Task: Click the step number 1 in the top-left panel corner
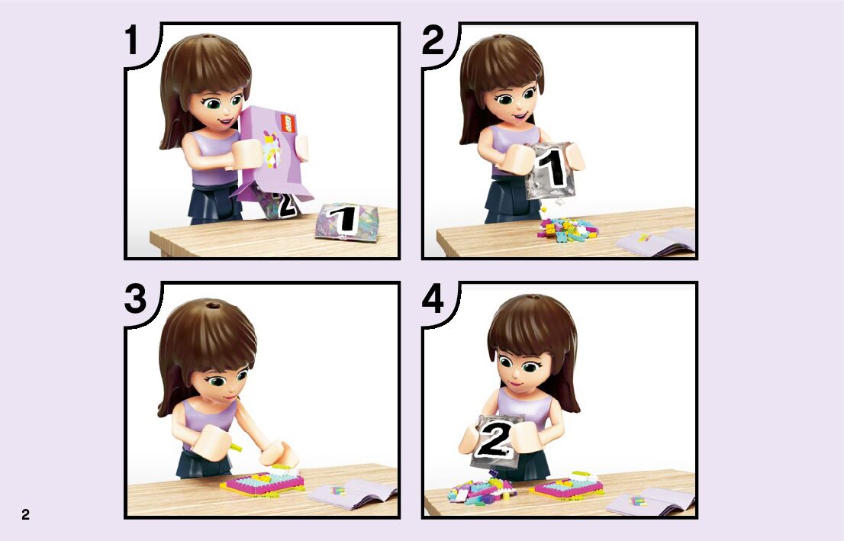click(x=132, y=40)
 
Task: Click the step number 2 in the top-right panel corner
click(x=433, y=40)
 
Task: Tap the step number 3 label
click(x=135, y=299)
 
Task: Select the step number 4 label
click(x=433, y=299)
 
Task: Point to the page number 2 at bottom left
click(x=25, y=514)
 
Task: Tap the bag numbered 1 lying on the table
click(x=346, y=221)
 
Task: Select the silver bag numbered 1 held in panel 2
click(x=551, y=170)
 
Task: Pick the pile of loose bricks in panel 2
click(x=567, y=229)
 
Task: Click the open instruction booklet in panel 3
click(x=353, y=494)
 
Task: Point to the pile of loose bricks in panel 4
click(x=481, y=489)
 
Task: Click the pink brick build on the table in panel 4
click(x=567, y=486)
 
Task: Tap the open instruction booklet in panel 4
click(x=651, y=501)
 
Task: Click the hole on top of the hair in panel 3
click(x=213, y=306)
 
